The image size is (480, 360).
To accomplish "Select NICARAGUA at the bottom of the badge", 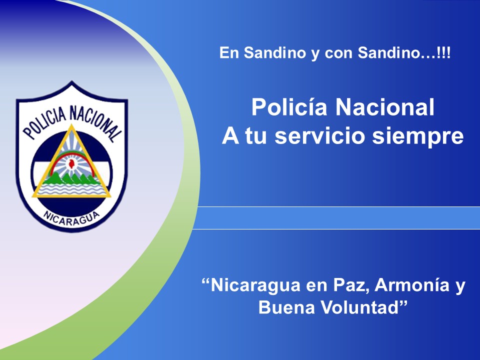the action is (x=72, y=218).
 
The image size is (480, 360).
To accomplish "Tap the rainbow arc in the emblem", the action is (x=72, y=158).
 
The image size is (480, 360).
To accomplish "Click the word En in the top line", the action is (x=229, y=52).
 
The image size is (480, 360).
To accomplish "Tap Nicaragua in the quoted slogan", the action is (x=256, y=285).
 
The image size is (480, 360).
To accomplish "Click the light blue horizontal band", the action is (x=336, y=217).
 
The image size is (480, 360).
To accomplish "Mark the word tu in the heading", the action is (x=256, y=136).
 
